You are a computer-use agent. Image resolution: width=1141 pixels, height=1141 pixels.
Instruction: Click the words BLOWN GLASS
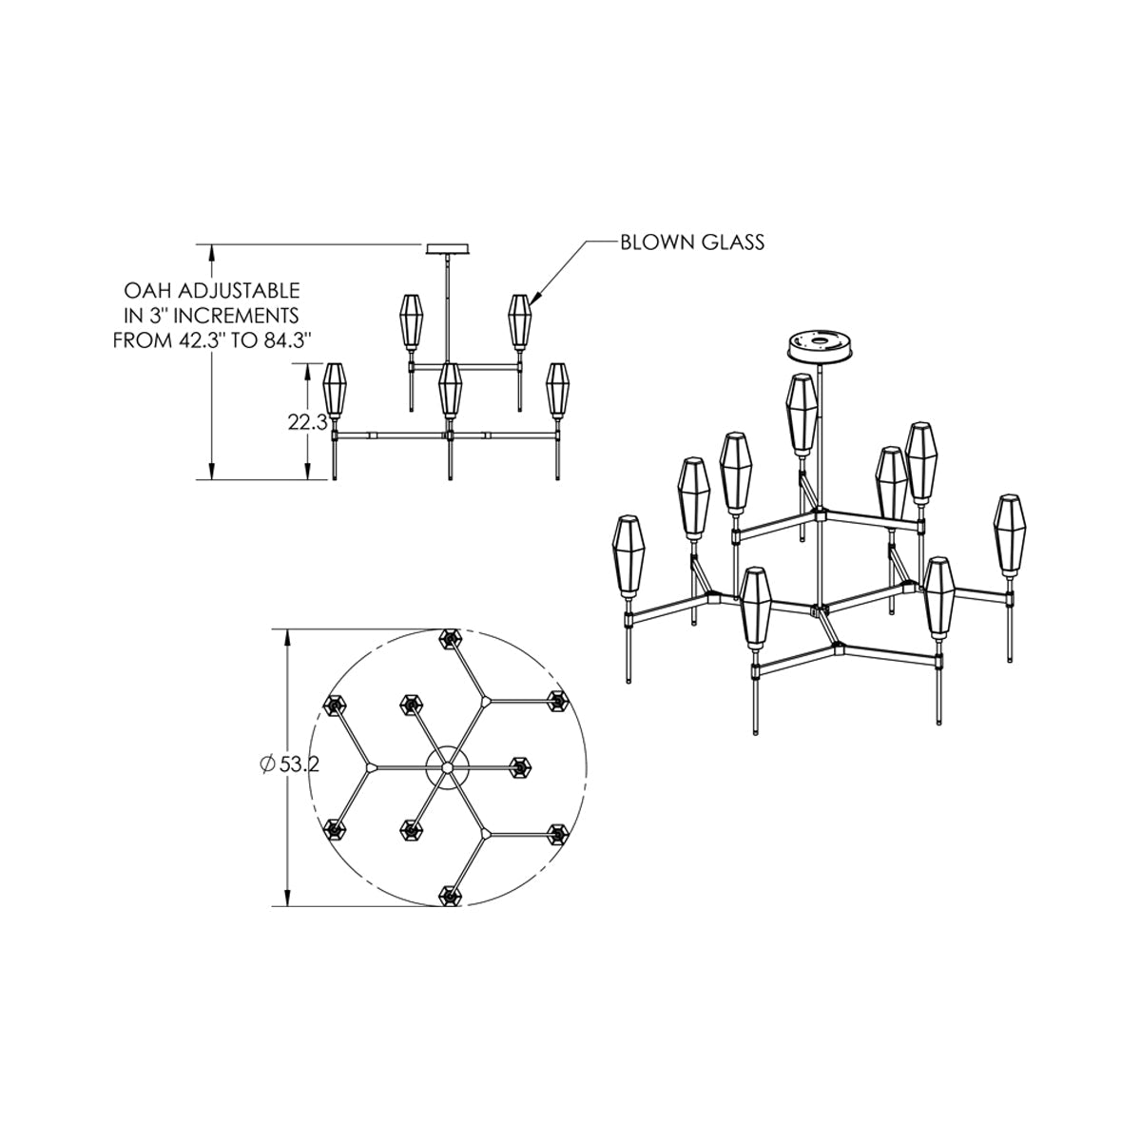pos(692,242)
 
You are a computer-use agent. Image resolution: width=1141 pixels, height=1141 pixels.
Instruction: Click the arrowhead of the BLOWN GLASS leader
pos(533,299)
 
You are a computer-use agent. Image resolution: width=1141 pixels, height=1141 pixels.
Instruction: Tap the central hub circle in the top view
pos(445,764)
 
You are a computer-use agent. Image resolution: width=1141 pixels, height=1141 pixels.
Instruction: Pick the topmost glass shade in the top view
pos(448,640)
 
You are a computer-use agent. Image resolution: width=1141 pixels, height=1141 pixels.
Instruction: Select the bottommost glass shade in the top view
pos(448,894)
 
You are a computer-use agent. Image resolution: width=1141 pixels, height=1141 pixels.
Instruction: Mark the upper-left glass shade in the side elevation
pos(412,322)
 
